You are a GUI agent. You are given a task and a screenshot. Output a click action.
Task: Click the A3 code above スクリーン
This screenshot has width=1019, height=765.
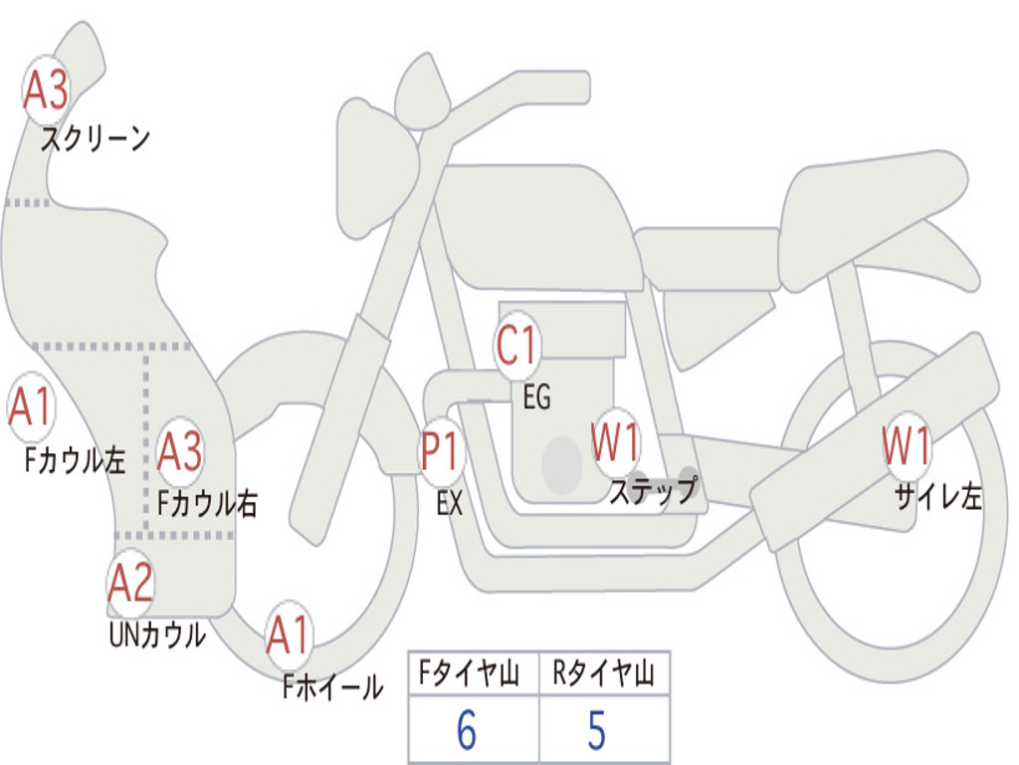[46, 90]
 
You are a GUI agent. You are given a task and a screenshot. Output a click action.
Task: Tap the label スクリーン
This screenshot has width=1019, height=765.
[96, 138]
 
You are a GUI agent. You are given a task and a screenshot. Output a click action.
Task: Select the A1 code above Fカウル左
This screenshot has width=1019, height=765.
[30, 407]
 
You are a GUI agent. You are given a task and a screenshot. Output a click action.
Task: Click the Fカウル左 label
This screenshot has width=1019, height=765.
[75, 459]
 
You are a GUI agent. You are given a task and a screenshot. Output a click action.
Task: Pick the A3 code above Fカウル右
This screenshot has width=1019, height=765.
[179, 451]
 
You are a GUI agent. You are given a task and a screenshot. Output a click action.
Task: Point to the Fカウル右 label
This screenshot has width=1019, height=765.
[208, 503]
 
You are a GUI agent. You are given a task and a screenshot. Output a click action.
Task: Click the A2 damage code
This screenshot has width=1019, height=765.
[130, 583]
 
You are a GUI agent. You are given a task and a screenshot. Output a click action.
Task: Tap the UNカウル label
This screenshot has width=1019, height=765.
[158, 635]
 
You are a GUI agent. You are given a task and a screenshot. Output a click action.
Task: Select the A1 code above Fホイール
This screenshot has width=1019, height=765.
[288, 635]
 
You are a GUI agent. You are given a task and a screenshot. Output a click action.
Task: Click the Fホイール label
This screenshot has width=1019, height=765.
[332, 687]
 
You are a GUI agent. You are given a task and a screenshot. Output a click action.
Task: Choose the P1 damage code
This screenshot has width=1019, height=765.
[441, 451]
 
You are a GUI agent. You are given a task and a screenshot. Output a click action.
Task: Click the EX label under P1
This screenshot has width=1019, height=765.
[450, 503]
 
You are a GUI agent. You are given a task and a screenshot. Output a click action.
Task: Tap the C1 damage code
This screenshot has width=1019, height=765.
[516, 345]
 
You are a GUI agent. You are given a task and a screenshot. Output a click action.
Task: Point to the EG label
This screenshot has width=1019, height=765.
[536, 396]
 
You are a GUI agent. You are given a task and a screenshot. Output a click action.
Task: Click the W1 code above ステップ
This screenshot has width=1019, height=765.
[615, 441]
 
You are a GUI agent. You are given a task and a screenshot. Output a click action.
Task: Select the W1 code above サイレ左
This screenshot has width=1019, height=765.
[906, 445]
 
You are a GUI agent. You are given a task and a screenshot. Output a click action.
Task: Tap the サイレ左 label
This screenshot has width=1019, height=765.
[938, 496]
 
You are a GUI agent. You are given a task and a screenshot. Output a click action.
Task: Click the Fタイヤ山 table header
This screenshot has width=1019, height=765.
[470, 672]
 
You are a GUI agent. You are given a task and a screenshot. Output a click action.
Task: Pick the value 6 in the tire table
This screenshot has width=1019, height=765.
[467, 730]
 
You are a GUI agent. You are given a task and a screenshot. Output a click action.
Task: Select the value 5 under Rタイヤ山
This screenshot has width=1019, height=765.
[597, 730]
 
